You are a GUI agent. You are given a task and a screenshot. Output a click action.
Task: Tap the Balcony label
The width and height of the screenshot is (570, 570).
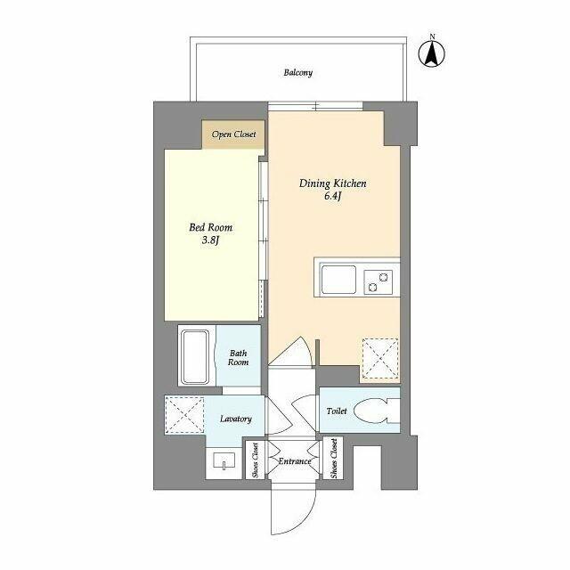pos(298,72)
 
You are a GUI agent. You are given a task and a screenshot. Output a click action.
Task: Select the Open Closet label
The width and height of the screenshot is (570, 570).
pos(234,134)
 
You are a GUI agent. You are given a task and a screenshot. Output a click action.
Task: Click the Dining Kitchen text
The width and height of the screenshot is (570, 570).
pos(333,183)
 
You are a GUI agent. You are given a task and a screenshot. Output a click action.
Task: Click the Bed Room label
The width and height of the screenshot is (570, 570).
pos(210,228)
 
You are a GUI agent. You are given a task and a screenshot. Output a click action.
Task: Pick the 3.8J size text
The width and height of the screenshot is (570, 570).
pos(210,241)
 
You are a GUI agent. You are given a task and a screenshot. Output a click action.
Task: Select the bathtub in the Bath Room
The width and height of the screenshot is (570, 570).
pos(195,356)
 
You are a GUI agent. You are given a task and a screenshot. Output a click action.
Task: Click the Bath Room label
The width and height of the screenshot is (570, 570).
pos(238,357)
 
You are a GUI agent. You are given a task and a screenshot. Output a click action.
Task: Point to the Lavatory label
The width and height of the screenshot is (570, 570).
pos(236,419)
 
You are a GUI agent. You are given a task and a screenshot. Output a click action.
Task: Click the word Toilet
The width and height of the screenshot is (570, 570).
pos(336,411)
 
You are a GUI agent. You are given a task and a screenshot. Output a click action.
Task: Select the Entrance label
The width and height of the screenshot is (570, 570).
pos(294,461)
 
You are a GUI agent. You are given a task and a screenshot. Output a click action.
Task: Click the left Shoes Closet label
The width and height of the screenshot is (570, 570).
pos(256,460)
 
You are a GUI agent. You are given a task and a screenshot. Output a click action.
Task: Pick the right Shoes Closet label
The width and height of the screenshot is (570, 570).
pos(332,460)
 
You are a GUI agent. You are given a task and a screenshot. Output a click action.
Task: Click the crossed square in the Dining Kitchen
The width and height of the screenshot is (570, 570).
pos(380,359)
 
